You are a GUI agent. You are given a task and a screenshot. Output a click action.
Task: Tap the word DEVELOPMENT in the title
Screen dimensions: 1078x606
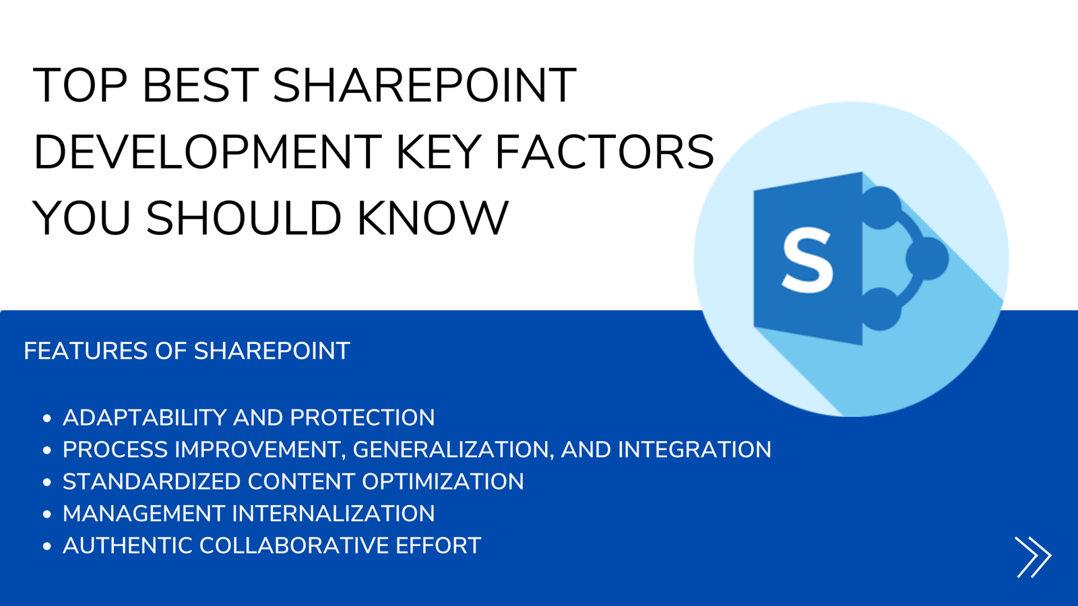click(208, 152)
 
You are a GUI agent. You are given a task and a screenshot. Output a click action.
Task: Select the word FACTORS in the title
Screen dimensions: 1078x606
click(604, 152)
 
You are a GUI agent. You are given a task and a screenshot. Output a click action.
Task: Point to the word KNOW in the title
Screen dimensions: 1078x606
click(433, 218)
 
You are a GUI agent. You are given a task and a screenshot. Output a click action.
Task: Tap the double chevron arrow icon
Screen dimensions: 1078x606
click(1034, 557)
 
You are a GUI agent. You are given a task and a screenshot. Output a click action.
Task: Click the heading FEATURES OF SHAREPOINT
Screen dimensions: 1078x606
click(187, 351)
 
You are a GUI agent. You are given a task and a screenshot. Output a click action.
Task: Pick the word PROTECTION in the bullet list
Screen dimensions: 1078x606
click(362, 417)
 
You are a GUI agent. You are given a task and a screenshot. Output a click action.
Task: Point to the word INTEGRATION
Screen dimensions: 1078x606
click(695, 450)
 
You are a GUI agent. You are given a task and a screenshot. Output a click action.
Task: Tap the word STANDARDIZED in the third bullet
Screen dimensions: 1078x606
click(152, 481)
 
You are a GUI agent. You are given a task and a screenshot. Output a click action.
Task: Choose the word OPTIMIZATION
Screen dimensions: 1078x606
click(443, 481)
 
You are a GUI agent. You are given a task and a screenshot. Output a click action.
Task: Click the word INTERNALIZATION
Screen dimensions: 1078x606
click(334, 514)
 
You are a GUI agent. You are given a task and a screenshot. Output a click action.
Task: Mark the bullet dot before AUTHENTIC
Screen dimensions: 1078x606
click(46, 546)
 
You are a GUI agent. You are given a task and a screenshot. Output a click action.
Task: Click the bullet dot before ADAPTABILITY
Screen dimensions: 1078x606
click(46, 418)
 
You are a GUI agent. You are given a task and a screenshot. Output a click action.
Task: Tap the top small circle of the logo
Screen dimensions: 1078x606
click(880, 208)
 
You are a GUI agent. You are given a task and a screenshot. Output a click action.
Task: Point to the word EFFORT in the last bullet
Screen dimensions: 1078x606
click(438, 545)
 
